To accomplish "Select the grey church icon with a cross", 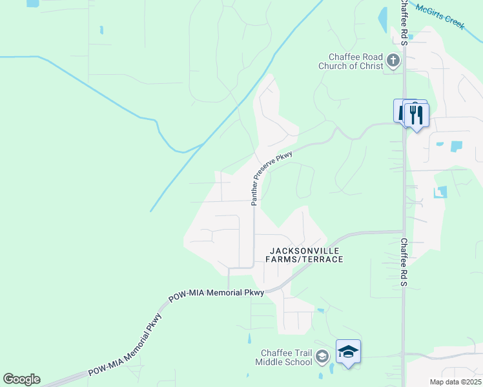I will [x=393, y=61].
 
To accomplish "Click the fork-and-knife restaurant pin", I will [x=416, y=115].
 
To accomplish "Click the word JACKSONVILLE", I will [x=303, y=250].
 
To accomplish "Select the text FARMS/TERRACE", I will [x=303, y=259].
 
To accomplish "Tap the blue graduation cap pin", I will [x=348, y=352].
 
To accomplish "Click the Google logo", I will [x=21, y=379].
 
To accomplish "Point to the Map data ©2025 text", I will [x=455, y=382].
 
